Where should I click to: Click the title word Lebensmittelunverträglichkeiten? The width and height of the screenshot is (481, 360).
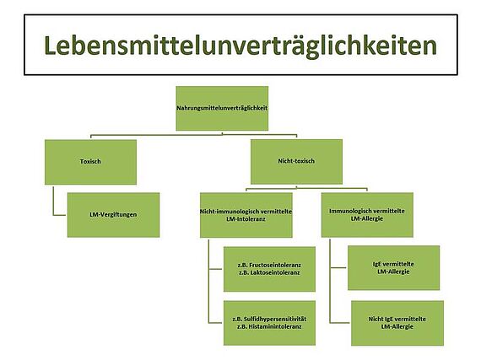(240, 46)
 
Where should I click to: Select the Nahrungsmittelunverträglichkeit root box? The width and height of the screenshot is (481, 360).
(222, 108)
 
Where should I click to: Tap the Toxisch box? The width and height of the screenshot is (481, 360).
(90, 162)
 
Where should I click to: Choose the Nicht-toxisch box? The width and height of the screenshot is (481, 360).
(296, 162)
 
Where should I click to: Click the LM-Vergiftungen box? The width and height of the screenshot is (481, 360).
(114, 215)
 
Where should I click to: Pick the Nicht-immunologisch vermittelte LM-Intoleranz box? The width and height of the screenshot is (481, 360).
(246, 215)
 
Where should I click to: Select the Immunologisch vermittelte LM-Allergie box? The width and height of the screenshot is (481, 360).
(367, 215)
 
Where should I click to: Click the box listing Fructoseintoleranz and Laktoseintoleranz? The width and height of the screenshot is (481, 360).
(269, 269)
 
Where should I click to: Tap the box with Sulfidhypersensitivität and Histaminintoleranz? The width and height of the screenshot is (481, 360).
(269, 323)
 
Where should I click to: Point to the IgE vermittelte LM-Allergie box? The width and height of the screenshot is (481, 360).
(393, 268)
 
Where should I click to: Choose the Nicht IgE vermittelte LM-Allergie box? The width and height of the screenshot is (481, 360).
(397, 323)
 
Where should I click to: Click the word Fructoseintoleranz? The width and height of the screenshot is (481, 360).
(275, 265)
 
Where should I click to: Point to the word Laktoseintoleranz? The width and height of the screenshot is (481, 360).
(275, 272)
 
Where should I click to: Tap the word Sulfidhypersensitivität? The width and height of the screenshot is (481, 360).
(278, 319)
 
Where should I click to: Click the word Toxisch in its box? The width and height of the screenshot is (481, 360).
(90, 162)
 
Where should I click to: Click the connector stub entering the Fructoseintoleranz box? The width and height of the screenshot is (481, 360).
(216, 269)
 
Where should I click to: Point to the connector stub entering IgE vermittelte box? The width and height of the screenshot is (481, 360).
(338, 268)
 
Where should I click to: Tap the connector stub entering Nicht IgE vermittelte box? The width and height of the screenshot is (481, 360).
(340, 323)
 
